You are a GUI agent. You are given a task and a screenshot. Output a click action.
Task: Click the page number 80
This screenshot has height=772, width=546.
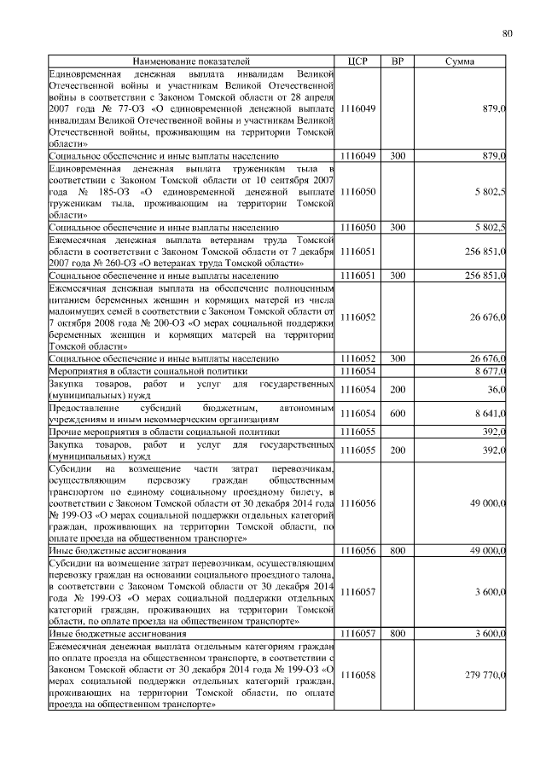pyautogui.click(x=507, y=33)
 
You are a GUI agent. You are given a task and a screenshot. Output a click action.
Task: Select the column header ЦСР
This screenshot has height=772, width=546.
pyautogui.click(x=357, y=62)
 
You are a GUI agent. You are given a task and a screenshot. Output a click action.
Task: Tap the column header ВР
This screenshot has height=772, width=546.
pyautogui.click(x=397, y=62)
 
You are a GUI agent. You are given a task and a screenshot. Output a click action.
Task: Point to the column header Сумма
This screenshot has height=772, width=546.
pyautogui.click(x=461, y=62)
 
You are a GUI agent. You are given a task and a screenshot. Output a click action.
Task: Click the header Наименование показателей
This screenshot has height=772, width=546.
pyautogui.click(x=191, y=62)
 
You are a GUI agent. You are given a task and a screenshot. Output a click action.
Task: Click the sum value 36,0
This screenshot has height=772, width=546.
pyautogui.click(x=494, y=390)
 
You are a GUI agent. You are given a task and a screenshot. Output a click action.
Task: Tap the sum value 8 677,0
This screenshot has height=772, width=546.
pyautogui.click(x=486, y=372)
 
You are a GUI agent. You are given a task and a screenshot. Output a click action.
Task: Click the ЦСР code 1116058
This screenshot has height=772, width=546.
pyautogui.click(x=357, y=675)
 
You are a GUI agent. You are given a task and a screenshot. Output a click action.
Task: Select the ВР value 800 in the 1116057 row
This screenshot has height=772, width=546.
pyautogui.click(x=398, y=634)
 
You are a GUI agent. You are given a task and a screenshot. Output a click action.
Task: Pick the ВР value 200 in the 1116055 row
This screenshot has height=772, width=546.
pyautogui.click(x=398, y=450)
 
